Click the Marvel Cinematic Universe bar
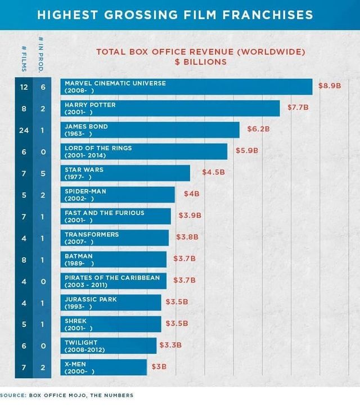point(186,87)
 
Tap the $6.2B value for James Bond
point(258,129)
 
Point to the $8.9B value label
point(330,86)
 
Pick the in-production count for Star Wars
point(43,173)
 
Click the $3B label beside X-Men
point(159,367)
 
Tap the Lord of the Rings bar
point(144,151)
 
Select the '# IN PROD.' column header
point(43,55)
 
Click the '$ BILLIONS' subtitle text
point(201,61)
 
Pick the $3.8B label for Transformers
point(187,237)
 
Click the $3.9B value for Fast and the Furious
point(190,216)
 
